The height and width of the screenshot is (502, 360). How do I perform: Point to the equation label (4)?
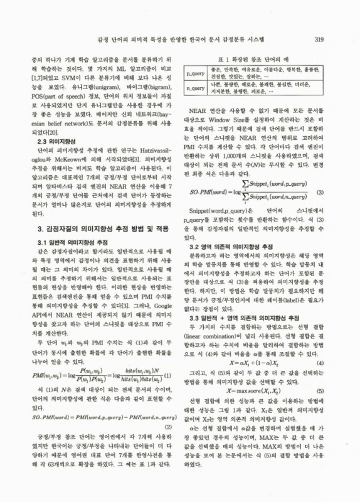320,363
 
